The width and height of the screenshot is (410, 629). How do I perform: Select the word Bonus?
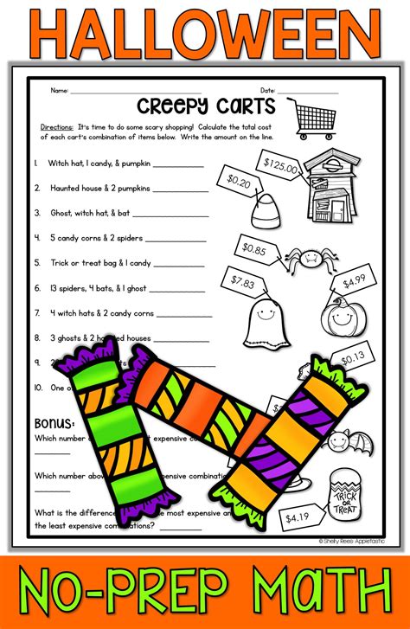[x=54, y=423]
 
